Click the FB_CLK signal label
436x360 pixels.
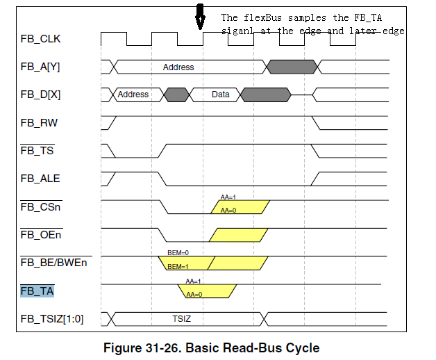pos(40,39)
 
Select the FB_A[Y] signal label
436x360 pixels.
pos(40,67)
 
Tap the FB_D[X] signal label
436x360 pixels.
pos(40,95)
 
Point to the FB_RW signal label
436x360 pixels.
pos(39,123)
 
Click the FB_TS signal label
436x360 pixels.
pos(37,151)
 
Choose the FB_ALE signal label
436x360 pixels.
pos(40,179)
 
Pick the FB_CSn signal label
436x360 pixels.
pos(40,207)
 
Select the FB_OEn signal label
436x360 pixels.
pos(41,235)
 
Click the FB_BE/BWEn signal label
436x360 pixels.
pos(53,263)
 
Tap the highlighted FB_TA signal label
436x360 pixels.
pos(37,291)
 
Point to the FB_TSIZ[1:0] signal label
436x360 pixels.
pos(52,319)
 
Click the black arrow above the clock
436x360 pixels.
pos(200,17)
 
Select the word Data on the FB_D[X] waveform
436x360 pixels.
pos(221,95)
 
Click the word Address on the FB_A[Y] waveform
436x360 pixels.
pos(178,67)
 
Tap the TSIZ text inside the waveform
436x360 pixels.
pos(182,318)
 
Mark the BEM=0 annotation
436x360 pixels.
pos(178,252)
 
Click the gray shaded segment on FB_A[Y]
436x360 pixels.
pos(292,67)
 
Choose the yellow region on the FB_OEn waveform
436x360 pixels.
pos(238,235)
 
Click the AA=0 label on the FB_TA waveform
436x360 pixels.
pos(194,294)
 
